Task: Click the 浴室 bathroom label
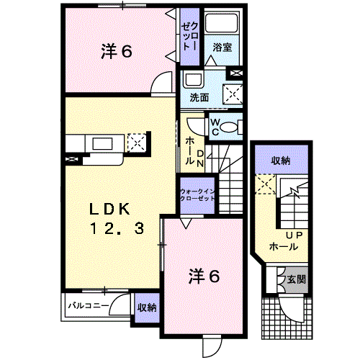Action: click(222, 47)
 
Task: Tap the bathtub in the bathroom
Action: click(222, 23)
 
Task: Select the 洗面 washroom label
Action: click(199, 98)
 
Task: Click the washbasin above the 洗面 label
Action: click(192, 79)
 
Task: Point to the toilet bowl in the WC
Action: click(228, 127)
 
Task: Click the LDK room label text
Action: click(109, 209)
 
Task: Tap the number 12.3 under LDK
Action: click(117, 228)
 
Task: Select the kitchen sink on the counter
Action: click(103, 144)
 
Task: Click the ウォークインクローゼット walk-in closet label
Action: click(197, 195)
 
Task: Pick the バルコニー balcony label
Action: click(89, 305)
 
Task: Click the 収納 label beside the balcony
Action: click(147, 307)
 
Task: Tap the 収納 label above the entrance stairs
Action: click(281, 161)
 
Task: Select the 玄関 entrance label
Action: click(297, 279)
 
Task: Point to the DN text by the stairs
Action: click(200, 158)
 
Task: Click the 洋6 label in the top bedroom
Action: click(117, 51)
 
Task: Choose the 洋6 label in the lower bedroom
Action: click(204, 276)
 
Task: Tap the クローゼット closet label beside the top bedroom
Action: click(189, 37)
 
